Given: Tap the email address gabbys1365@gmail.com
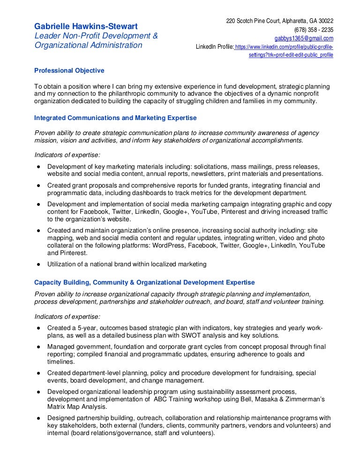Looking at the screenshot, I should coord(304,38).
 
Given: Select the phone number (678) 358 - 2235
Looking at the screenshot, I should coord(314,30).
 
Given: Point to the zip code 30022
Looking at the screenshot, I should coord(324,21).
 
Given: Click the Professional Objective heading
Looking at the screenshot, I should coord(69,70).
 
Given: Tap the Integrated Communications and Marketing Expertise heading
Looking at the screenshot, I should coord(116,118).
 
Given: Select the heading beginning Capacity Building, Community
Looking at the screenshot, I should coord(145,282).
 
